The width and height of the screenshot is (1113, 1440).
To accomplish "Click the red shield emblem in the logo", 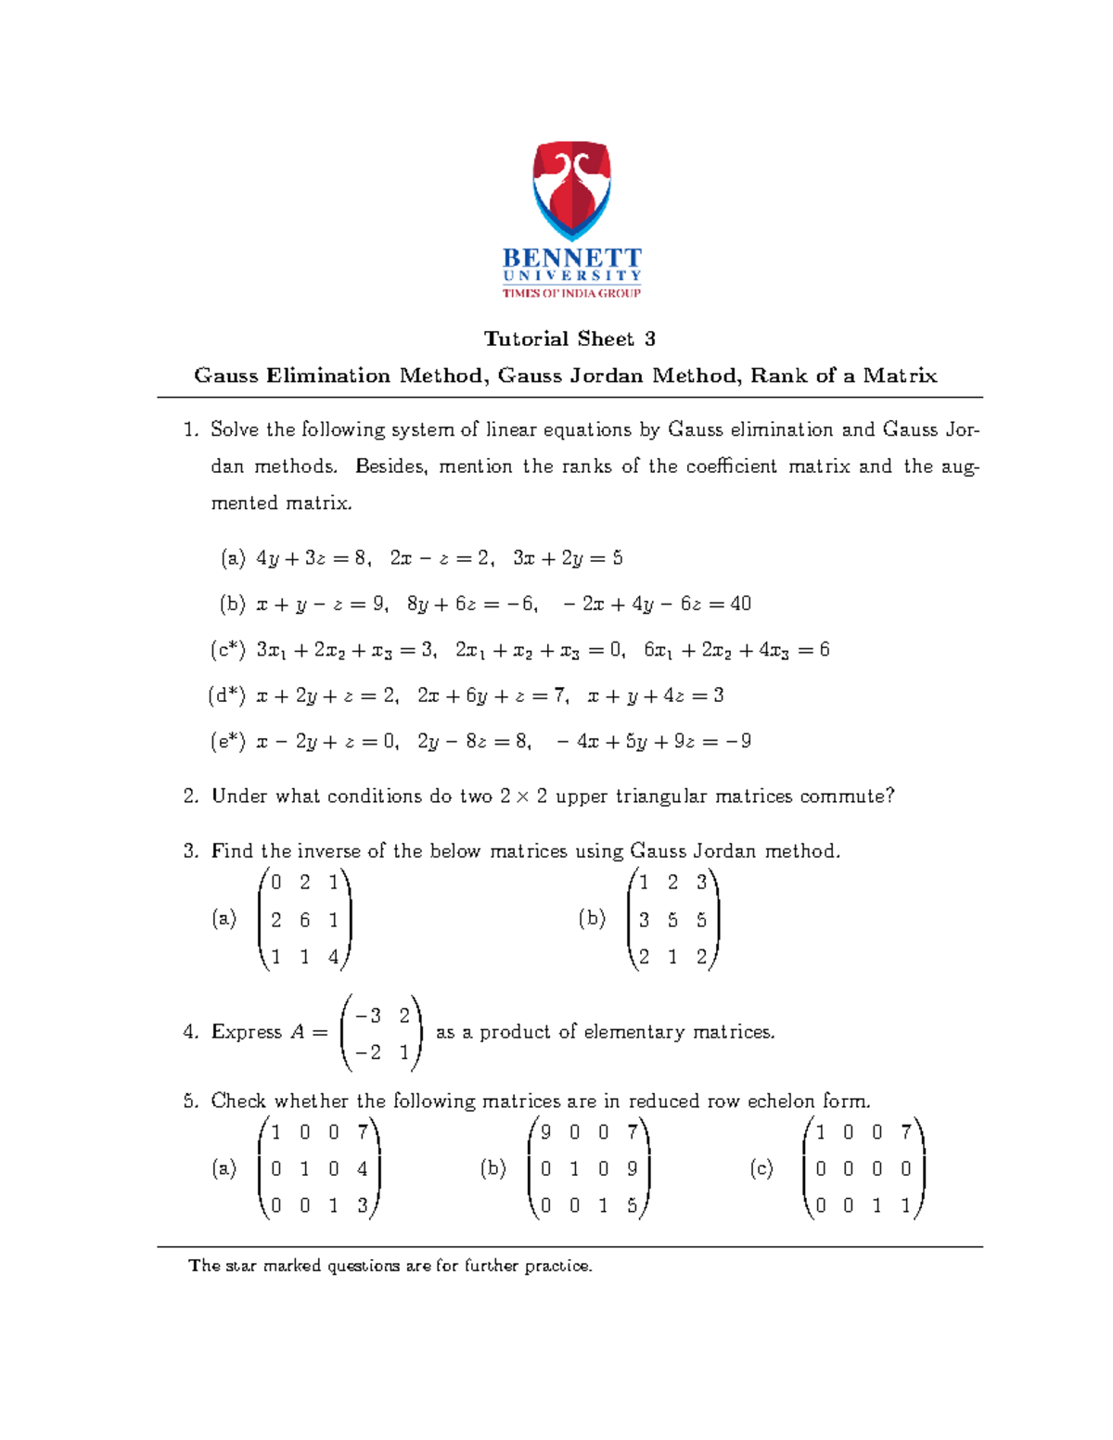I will pos(571,190).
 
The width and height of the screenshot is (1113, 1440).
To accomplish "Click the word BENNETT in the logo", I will pos(571,258).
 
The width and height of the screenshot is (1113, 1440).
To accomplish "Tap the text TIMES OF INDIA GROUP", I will pos(571,293).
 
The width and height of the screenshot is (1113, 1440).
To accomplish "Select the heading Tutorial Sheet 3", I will pos(569,339).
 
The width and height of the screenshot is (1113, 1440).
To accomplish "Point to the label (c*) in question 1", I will pos(228,650).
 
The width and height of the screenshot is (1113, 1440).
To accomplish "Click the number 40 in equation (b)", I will pos(740,604).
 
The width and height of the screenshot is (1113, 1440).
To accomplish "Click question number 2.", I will pos(191,796).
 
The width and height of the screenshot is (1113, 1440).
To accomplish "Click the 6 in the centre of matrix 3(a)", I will pos(304,920).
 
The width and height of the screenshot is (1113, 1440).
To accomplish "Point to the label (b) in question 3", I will pos(592,919).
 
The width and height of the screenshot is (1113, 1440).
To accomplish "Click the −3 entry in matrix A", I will pos(367,1015).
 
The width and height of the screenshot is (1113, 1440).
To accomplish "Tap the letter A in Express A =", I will pos(297,1032).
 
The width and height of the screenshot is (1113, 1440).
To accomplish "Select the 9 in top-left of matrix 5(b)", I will pos(545,1132).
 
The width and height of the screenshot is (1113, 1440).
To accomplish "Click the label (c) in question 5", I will pos(761,1168).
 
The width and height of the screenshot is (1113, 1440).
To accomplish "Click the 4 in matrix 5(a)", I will pos(362,1169).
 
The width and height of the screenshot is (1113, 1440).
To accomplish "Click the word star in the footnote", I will pos(241,1266).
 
